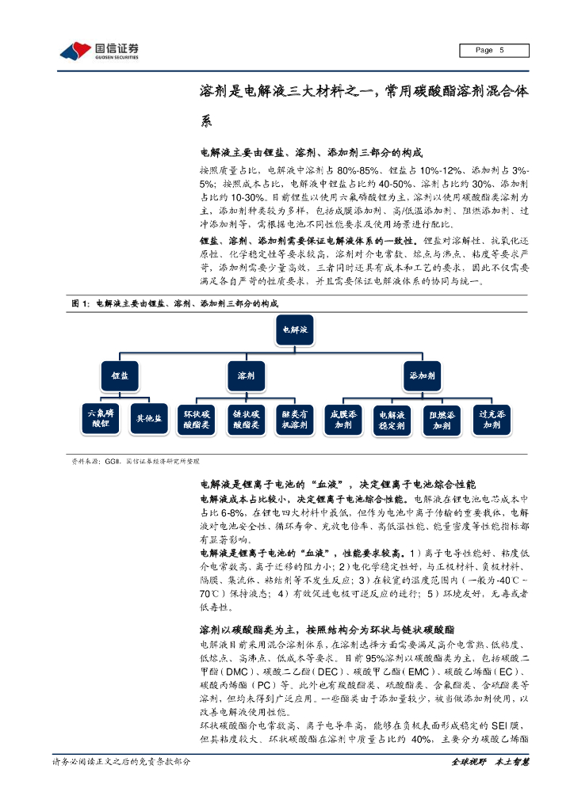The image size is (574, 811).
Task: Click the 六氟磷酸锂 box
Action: pyautogui.click(x=100, y=418)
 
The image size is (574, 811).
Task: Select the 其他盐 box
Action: pyautogui.click(x=148, y=418)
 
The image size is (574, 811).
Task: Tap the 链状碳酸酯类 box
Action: pyautogui.click(x=246, y=419)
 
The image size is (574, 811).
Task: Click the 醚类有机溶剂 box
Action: pyautogui.click(x=295, y=419)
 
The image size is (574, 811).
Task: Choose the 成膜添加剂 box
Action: pyautogui.click(x=343, y=419)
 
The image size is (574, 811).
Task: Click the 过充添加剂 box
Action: pyautogui.click(x=492, y=419)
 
